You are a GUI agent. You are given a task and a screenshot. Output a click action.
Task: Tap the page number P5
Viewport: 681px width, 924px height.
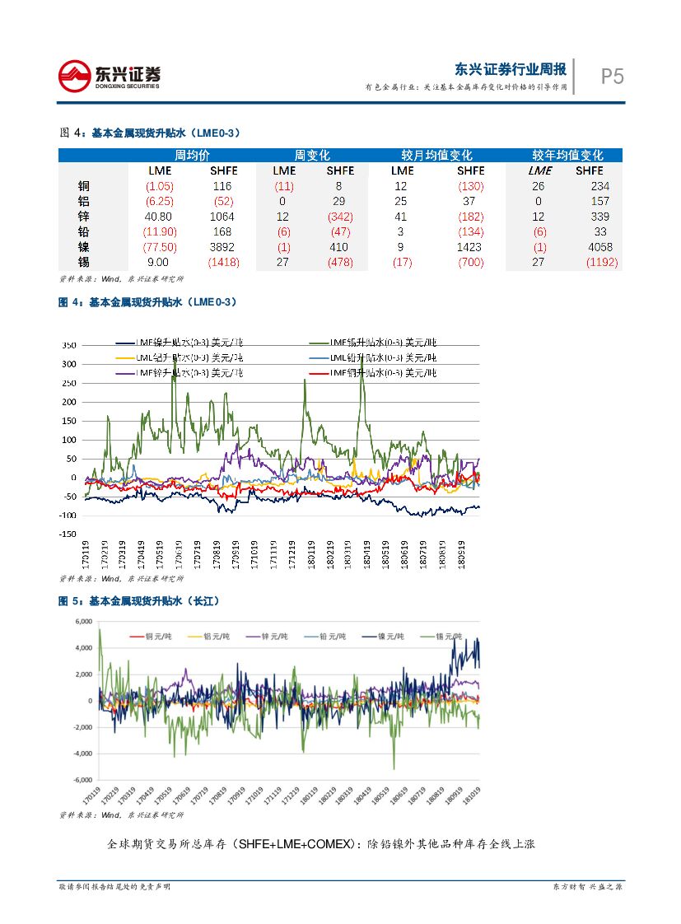pyautogui.click(x=612, y=77)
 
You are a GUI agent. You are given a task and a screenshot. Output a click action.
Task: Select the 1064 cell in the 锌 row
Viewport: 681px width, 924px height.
pyautogui.click(x=222, y=217)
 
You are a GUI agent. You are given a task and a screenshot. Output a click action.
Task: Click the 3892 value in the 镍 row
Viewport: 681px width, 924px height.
pyautogui.click(x=222, y=247)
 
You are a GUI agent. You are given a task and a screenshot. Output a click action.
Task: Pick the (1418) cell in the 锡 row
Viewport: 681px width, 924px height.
pyautogui.click(x=222, y=262)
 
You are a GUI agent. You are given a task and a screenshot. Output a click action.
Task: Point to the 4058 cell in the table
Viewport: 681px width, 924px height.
pyautogui.click(x=600, y=247)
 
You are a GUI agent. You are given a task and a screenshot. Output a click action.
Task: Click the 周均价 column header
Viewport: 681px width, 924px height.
pyautogui.click(x=193, y=155)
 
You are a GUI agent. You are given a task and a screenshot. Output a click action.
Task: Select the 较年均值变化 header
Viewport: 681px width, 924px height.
pyautogui.click(x=567, y=155)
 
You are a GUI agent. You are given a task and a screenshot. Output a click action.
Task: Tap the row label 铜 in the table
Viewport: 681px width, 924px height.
pyautogui.click(x=83, y=186)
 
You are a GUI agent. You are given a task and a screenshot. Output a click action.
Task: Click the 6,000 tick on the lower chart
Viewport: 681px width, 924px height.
pyautogui.click(x=83, y=622)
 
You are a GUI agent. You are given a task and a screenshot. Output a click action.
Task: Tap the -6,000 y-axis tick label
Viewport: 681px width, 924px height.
pyautogui.click(x=82, y=780)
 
